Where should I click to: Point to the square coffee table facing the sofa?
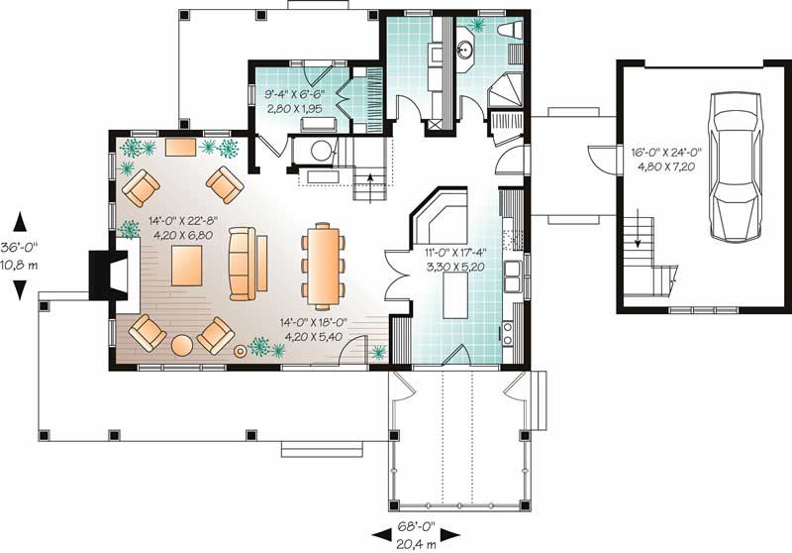click(x=187, y=266)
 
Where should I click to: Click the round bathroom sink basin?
click(x=467, y=46)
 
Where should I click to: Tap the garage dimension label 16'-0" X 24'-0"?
click(x=666, y=153)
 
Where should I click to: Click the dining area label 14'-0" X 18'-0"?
click(x=319, y=322)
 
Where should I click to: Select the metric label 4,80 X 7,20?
click(x=666, y=167)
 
